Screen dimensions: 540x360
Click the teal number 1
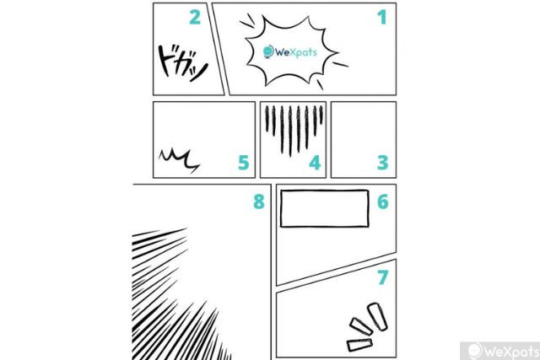(382, 17)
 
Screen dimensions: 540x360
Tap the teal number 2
(195, 17)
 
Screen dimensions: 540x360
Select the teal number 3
(382, 163)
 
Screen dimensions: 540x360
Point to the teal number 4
(315, 163)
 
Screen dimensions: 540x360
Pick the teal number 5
(244, 163)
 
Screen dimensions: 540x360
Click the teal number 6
(383, 201)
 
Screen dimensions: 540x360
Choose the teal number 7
(383, 277)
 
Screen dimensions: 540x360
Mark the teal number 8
(259, 201)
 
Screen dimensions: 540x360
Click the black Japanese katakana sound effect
(182, 64)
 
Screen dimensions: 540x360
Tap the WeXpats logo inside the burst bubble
(290, 52)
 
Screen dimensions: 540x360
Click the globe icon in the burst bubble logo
(268, 51)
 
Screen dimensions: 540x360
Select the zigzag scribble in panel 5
(179, 160)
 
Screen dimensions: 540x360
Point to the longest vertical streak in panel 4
(290, 132)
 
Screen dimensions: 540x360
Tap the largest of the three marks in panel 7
(377, 317)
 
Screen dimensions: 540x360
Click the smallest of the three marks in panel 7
(359, 345)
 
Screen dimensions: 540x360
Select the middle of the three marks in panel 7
(361, 326)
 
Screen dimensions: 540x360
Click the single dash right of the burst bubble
(340, 64)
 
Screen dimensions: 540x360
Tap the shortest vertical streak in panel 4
(321, 115)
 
